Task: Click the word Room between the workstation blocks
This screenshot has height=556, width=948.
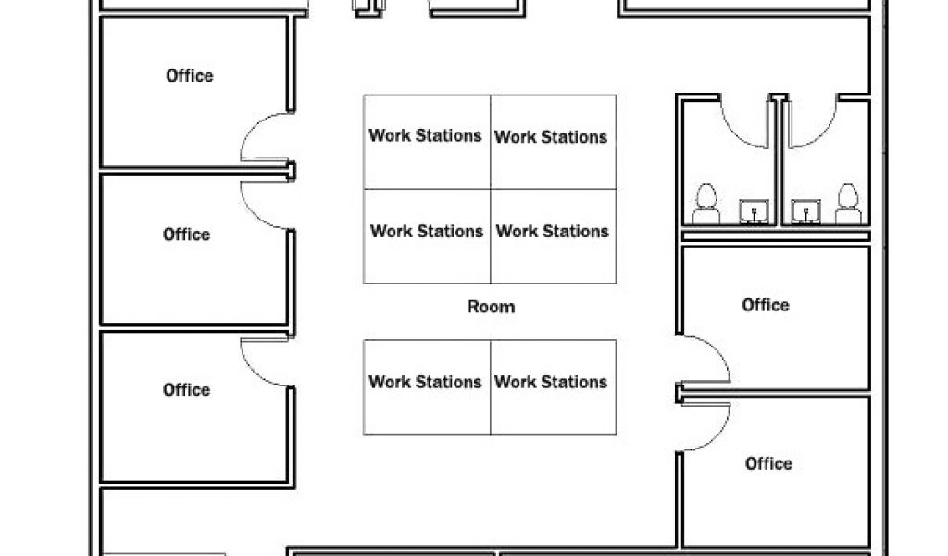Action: [491, 307]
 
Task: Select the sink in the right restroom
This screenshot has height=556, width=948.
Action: [806, 212]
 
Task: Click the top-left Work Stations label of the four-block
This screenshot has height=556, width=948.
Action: [426, 135]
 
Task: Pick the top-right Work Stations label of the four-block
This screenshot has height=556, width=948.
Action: [551, 137]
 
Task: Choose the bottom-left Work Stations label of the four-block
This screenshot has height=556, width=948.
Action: [427, 231]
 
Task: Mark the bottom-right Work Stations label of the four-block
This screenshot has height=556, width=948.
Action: [553, 231]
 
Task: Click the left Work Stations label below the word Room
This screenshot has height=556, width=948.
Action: [425, 382]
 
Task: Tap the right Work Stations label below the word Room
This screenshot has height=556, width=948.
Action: [551, 382]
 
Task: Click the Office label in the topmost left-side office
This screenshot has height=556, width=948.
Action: [190, 76]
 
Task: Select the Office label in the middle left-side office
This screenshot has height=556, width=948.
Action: [187, 234]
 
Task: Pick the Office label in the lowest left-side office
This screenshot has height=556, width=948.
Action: [187, 390]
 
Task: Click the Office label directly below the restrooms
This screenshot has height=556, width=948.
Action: [766, 305]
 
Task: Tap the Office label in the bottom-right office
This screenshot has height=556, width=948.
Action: [768, 463]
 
